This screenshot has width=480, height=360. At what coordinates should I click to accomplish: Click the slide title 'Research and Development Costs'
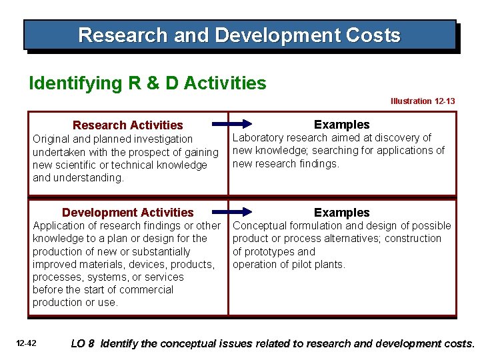click(239, 35)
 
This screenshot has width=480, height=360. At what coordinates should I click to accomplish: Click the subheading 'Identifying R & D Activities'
click(147, 83)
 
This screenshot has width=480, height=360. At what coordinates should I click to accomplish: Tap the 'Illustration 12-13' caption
click(423, 101)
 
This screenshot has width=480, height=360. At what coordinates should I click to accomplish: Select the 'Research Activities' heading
click(127, 125)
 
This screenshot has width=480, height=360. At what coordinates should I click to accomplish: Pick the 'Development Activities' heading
click(127, 213)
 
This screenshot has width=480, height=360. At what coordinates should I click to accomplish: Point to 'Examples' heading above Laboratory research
click(341, 125)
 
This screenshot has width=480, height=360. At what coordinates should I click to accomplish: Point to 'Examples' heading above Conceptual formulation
click(341, 213)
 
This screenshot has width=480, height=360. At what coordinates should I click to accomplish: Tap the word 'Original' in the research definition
click(52, 139)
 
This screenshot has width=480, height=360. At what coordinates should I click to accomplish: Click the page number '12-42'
click(27, 344)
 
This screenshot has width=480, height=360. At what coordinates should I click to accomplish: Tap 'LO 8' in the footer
click(82, 344)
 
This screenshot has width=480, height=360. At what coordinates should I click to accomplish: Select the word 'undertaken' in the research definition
click(58, 153)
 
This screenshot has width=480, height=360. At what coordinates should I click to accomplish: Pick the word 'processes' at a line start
click(57, 277)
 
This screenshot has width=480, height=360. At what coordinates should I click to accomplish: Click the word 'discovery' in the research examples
click(397, 138)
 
